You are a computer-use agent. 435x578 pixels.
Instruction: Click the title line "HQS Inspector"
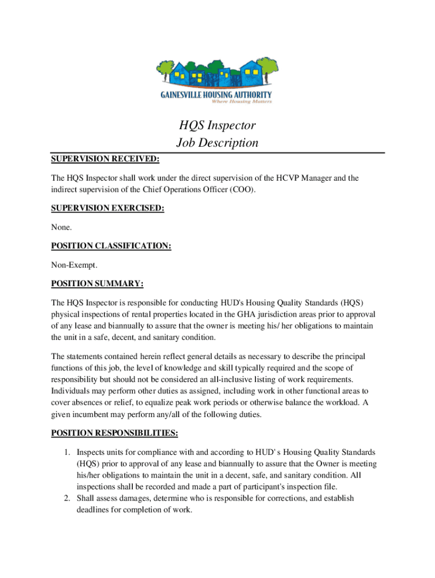pos(217,125)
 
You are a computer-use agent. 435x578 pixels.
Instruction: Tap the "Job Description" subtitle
pos(217,143)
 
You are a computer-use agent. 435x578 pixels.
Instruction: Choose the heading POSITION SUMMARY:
pos(97,283)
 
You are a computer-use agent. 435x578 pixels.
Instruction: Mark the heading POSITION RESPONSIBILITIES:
pos(115,433)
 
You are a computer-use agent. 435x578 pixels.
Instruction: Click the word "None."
pos(62,227)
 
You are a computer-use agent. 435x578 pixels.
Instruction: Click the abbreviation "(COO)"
pos(242,190)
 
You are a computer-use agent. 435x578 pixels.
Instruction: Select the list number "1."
pos(66,452)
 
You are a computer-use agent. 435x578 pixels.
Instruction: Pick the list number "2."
pos(66,498)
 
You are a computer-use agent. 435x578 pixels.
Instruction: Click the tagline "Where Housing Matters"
pos(242,102)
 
